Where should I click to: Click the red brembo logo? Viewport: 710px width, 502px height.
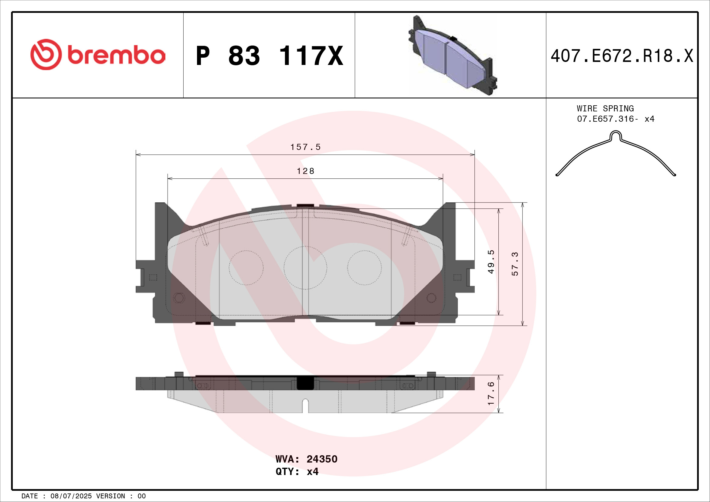pos(98,55)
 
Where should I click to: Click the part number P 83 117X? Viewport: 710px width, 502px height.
pos(269,56)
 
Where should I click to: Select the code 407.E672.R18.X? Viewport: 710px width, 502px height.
pos(622,56)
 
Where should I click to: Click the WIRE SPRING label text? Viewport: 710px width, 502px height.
pos(605,108)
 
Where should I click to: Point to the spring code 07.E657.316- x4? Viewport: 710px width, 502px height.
pos(615,119)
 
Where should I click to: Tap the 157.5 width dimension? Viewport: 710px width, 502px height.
pos(305,147)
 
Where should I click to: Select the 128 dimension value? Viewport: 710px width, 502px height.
pos(305,171)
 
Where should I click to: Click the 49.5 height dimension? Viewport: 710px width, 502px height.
pos(491,262)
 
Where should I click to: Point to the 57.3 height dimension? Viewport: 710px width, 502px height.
pos(515,264)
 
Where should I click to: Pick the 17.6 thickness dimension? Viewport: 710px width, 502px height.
pos(491,394)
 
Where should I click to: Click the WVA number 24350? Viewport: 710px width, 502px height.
pos(321,459)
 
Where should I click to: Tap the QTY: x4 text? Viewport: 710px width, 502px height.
pos(297,471)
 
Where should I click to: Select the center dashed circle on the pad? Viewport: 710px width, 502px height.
pos(305,268)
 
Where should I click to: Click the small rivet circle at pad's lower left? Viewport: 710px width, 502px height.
pos(179,298)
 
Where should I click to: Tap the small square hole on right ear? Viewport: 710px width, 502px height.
pos(457,277)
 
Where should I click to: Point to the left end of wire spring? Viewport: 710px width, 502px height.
pos(557,175)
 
